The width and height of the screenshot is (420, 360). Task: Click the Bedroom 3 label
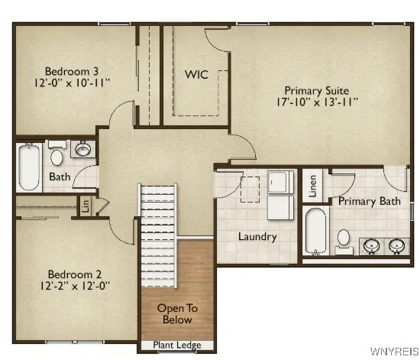tap(62, 66)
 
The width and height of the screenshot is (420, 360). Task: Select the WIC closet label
tap(196, 75)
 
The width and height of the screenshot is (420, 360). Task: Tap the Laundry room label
tap(256, 237)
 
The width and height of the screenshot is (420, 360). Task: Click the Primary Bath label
tap(370, 202)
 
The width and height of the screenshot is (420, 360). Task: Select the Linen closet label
tap(313, 186)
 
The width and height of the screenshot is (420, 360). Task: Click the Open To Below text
tap(177, 314)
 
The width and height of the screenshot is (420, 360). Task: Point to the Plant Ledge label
tap(177, 345)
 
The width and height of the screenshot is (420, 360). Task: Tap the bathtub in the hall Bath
tap(28, 168)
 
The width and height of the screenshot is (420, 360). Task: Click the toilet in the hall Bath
tap(57, 157)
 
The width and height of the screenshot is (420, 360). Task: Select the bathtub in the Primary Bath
tap(315, 232)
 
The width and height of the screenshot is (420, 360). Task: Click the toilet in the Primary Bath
tap(344, 239)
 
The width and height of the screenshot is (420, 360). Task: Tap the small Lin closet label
tap(86, 206)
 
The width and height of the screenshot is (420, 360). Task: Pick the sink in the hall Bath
tap(84, 149)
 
